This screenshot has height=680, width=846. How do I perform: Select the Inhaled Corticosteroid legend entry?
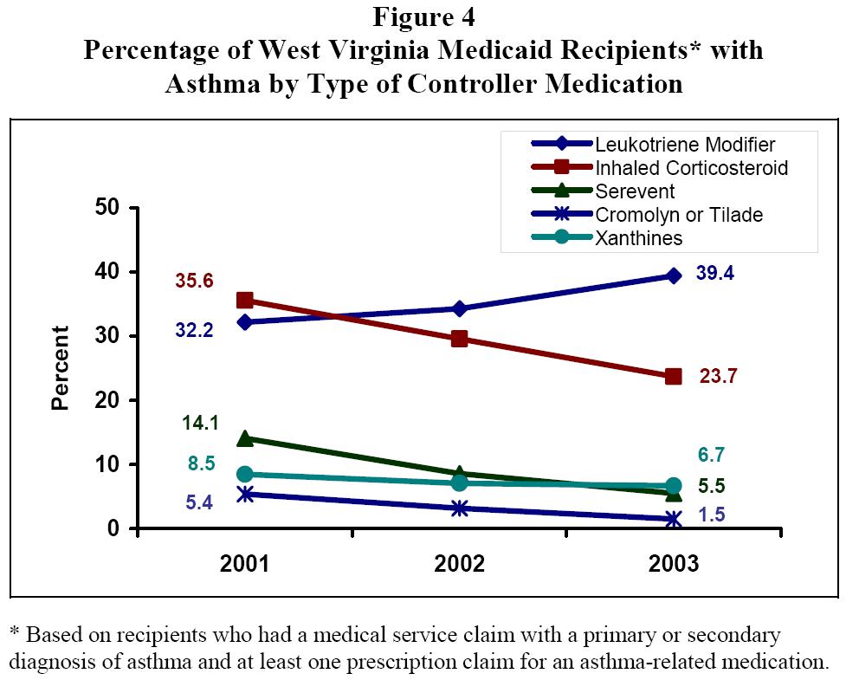click(x=691, y=167)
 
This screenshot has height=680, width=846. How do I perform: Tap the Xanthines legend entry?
click(x=638, y=237)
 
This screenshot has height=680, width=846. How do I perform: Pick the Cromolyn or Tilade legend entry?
click(x=678, y=214)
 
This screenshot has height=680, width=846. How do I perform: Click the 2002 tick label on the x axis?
click(x=460, y=565)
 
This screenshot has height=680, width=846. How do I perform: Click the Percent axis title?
click(x=61, y=367)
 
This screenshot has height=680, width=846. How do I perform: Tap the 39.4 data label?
click(x=716, y=274)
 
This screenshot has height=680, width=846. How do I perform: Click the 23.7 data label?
click(x=715, y=377)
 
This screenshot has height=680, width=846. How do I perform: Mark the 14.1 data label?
click(x=200, y=423)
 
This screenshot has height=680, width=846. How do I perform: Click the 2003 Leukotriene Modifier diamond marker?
click(x=673, y=275)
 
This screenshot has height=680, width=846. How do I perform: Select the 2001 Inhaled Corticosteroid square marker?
click(x=245, y=301)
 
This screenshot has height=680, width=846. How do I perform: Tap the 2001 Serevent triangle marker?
click(x=245, y=438)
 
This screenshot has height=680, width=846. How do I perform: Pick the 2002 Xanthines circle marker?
click(x=460, y=482)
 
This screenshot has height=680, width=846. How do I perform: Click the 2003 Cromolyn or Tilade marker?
click(x=673, y=519)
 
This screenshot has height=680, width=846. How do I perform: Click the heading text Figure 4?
click(x=423, y=16)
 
